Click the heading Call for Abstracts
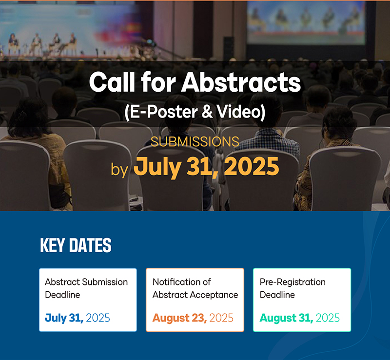195,82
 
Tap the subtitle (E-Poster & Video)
195,112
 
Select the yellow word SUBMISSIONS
195,141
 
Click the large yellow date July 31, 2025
206,166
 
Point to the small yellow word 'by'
119,170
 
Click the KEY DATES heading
76,245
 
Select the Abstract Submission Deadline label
86,288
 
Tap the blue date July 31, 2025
78,318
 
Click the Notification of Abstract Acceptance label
195,288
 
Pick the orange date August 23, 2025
193,318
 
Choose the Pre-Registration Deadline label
293,288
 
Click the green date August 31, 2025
300,318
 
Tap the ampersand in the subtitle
207,112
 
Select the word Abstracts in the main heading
241,82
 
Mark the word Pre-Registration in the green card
293,282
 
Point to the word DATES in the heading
90,245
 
